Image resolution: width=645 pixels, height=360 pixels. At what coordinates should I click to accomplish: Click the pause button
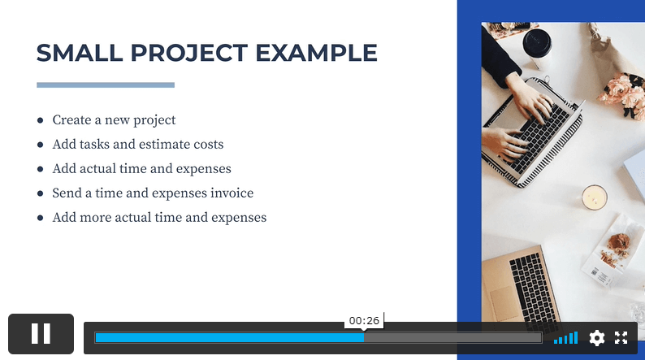click(x=41, y=333)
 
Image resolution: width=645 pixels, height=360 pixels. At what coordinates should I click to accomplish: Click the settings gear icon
click(x=597, y=338)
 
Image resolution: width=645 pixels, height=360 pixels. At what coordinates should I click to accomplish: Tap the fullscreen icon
click(x=621, y=338)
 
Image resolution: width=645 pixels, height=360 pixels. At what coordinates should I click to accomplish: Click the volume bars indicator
click(x=566, y=338)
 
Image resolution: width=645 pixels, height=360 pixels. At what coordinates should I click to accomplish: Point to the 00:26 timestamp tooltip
click(x=365, y=320)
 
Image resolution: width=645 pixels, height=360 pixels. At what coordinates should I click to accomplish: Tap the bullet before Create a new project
click(x=41, y=120)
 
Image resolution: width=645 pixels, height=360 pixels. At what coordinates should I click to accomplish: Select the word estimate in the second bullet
click(x=164, y=145)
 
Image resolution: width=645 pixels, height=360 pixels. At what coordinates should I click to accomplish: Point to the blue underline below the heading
click(x=106, y=85)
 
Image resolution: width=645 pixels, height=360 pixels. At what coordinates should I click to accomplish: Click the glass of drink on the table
click(x=595, y=197)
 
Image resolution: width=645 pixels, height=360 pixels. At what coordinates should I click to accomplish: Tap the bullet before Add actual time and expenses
click(x=41, y=169)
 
